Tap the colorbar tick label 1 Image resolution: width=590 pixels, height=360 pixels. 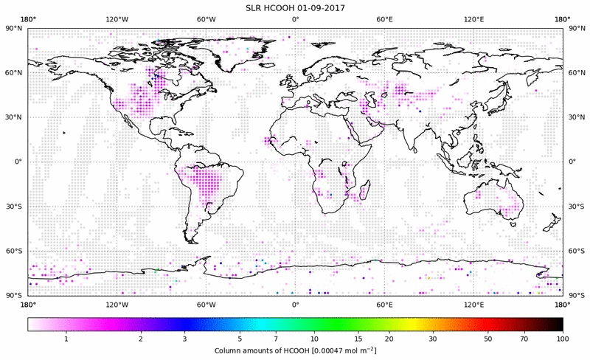(66, 339)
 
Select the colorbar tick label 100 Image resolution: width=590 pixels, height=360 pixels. (563, 339)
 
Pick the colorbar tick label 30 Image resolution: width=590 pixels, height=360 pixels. (433, 339)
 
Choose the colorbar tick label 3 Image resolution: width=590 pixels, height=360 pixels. (184, 339)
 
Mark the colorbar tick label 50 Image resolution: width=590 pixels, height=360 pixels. (488, 339)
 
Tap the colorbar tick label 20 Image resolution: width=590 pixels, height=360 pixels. (389, 339)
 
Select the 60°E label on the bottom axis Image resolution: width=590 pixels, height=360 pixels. (384, 303)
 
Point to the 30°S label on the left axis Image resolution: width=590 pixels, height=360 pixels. (14, 207)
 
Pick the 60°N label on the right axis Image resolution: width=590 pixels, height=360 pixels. (576, 73)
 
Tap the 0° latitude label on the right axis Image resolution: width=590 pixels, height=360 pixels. (572, 162)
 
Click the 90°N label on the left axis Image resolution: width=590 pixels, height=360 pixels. (14, 28)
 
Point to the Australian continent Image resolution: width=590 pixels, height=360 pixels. (494, 201)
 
